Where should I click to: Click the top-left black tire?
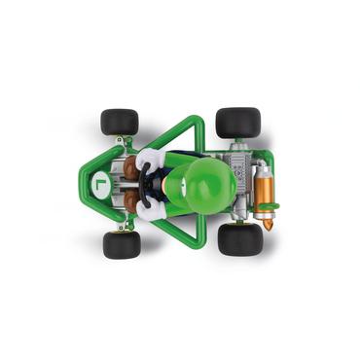119,123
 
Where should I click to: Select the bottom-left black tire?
122,244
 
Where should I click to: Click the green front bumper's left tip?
87,183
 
